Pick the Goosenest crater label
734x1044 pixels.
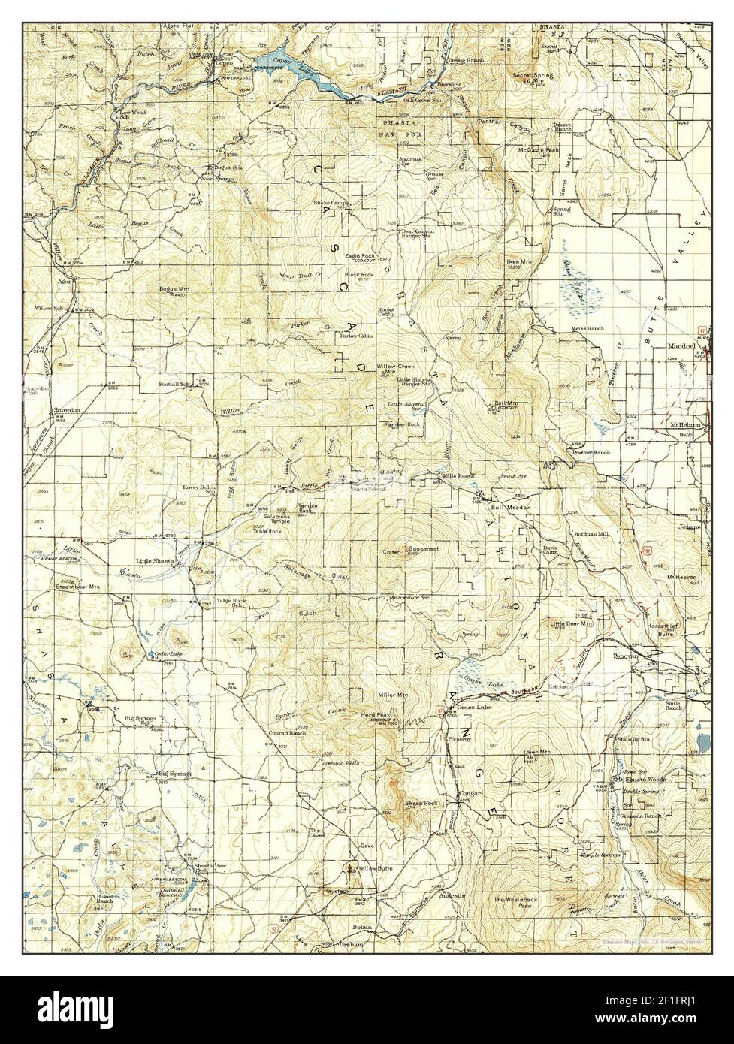point(423,549)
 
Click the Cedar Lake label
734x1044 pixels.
point(170,653)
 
